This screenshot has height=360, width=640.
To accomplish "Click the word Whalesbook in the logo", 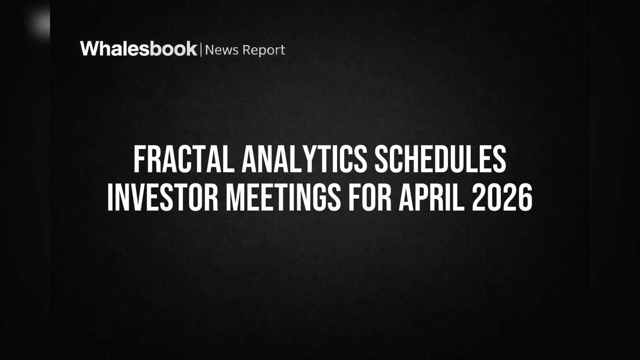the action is point(139,49).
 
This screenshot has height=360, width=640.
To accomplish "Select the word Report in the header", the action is point(264,50).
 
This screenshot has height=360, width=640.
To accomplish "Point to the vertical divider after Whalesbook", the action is point(201,49).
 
